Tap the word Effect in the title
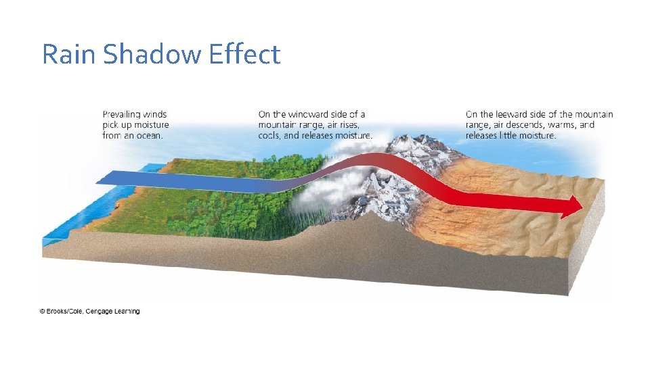click(244, 54)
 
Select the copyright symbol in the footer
click(42, 312)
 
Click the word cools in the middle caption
click(270, 135)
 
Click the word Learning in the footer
click(125, 312)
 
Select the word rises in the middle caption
click(347, 125)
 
